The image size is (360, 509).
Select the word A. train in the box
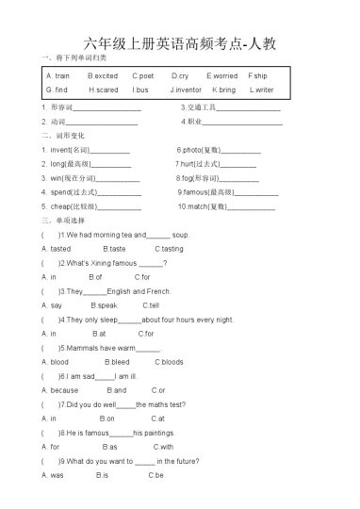(57, 74)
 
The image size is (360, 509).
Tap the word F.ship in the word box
(257, 74)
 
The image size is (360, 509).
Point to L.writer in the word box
(261, 90)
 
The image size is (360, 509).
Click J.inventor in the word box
(186, 90)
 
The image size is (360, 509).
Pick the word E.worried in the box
(222, 74)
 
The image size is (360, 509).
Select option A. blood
(56, 361)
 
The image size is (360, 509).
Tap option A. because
(60, 389)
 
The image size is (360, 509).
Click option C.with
(162, 446)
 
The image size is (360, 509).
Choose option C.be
(155, 474)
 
